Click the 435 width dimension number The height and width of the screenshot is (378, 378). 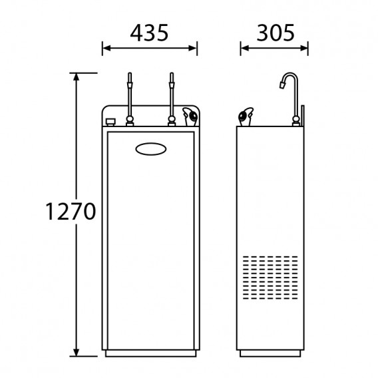[x=149, y=33]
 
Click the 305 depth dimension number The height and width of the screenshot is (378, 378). [x=276, y=33]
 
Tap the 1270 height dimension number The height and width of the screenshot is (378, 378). [x=71, y=211]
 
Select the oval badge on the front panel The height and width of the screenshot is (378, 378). [x=151, y=149]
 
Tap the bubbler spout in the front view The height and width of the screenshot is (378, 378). [x=190, y=116]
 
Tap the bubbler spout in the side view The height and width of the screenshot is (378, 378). [x=246, y=116]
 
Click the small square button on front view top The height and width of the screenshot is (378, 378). [x=110, y=122]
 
